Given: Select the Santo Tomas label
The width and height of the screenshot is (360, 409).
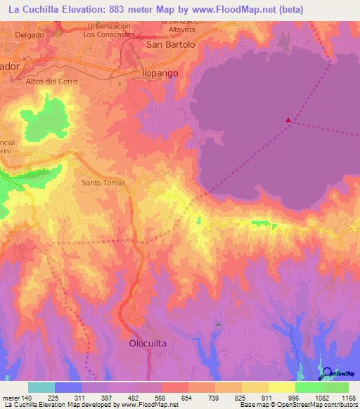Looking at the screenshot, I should coord(103,183).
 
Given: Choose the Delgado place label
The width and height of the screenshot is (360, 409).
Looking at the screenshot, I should coord(28,34).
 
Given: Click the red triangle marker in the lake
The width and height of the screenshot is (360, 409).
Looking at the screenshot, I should coord(288,120).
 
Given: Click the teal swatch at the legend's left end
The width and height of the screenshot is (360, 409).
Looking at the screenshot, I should coord(41,387).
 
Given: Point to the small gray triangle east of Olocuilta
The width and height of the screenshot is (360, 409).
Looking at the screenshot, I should coord(219,325).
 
